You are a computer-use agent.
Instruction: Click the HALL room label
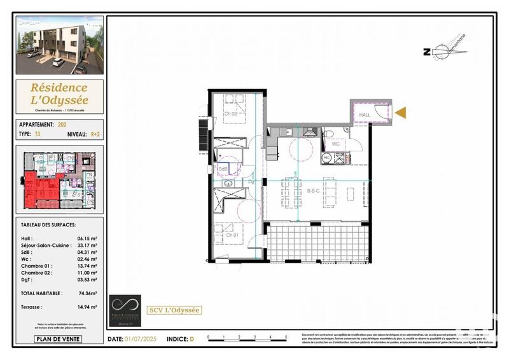pyautogui.click(x=365, y=115)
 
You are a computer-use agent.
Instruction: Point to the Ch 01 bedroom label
pyautogui.click(x=232, y=235)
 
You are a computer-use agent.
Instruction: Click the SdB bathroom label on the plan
pyautogui.click(x=223, y=169)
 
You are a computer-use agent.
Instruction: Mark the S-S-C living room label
pyautogui.click(x=313, y=190)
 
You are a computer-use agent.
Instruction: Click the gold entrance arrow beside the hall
pyautogui.click(x=400, y=113)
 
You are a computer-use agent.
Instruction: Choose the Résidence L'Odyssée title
pyautogui.click(x=60, y=93)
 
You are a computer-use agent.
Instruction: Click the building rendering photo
pyautogui.click(x=60, y=48)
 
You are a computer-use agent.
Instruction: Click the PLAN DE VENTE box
pyautogui.click(x=58, y=339)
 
